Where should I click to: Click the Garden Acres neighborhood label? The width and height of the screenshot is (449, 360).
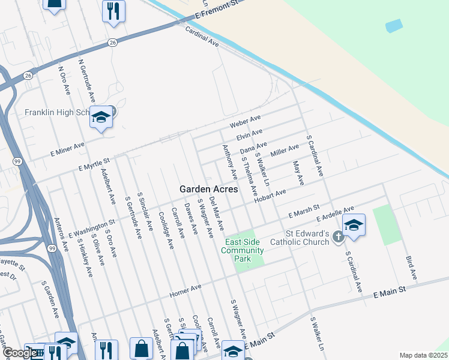[208, 188]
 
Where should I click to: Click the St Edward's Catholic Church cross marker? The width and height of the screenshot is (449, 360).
[338, 238]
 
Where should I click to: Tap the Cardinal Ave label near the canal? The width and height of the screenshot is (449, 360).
[202, 37]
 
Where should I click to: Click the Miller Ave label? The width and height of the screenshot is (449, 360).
[285, 152]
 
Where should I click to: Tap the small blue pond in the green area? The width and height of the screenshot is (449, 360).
[394, 26]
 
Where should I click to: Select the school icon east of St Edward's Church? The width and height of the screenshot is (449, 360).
[354, 225]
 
